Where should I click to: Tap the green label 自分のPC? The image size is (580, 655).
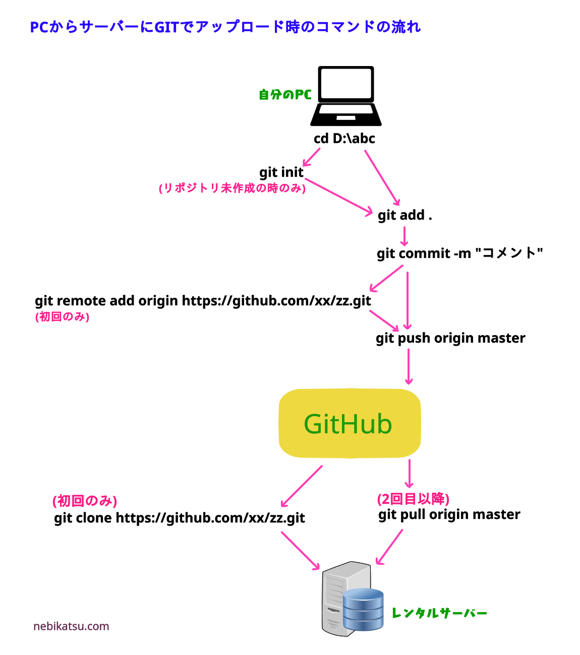click(285, 95)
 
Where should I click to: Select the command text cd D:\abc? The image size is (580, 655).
click(344, 139)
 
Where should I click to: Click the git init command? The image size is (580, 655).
click(281, 172)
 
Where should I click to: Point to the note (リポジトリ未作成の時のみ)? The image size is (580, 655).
click(232, 188)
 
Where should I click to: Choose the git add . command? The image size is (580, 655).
click(404, 215)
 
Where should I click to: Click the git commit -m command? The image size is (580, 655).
click(459, 253)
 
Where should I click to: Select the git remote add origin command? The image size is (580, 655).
click(203, 301)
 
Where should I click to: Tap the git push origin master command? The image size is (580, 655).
click(450, 338)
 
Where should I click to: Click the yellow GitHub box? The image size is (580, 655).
click(350, 423)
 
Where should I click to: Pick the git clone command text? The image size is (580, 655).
click(180, 518)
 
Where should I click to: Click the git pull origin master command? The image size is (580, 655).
click(449, 514)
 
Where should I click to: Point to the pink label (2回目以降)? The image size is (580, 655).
click(413, 499)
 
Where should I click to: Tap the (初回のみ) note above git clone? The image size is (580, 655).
click(85, 501)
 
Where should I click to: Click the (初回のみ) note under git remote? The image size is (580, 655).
click(62, 317)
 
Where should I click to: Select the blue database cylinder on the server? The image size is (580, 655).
click(363, 609)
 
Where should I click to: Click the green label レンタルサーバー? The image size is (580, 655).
click(439, 613)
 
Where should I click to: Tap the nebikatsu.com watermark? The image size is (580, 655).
click(71, 626)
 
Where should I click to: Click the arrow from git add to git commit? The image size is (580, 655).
click(404, 235)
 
